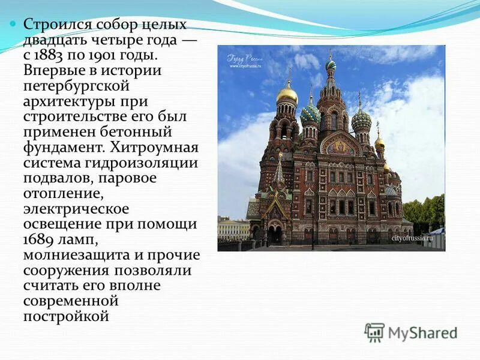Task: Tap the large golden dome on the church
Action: point(287,94)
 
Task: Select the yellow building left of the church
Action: point(232,229)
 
